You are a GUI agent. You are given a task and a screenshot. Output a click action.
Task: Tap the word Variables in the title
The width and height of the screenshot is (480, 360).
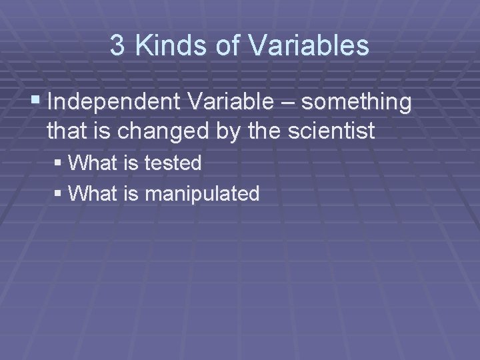pyautogui.click(x=307, y=45)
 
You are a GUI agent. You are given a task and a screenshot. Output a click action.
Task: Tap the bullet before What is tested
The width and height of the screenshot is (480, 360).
pyautogui.click(x=60, y=163)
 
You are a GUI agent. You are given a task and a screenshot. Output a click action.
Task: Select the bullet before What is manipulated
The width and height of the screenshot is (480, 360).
pyautogui.click(x=60, y=194)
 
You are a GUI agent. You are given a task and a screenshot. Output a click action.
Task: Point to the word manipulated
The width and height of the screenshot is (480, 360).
pyautogui.click(x=202, y=194)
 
